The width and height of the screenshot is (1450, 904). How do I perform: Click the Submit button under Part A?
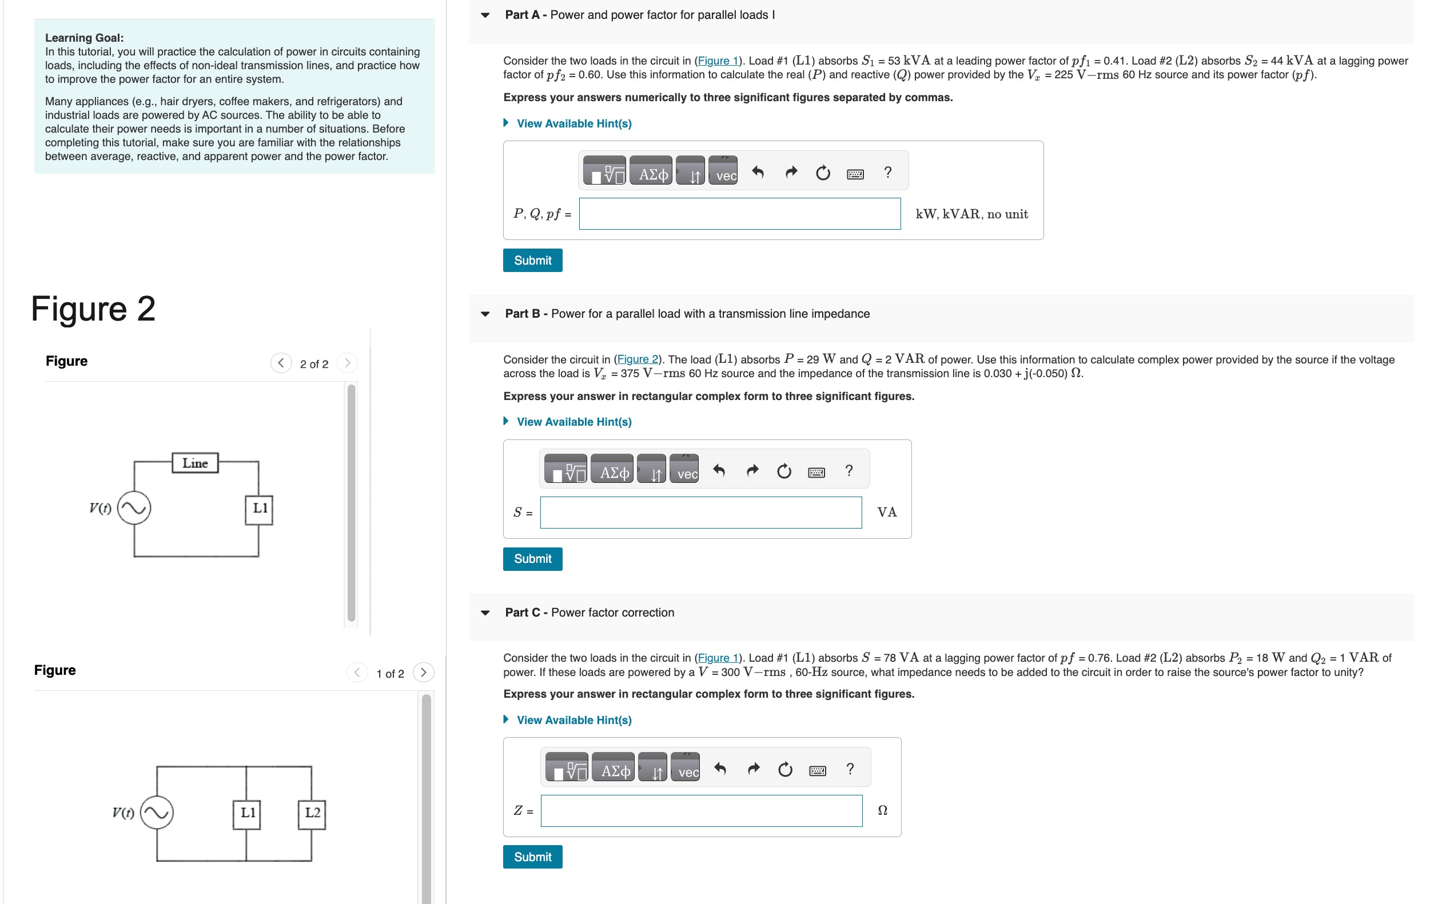pos(532,260)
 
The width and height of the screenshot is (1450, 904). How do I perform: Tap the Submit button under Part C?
pos(532,857)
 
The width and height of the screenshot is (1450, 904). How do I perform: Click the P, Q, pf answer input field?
pos(739,214)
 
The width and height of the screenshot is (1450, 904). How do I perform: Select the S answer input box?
pos(700,513)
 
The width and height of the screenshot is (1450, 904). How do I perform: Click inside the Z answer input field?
pos(700,811)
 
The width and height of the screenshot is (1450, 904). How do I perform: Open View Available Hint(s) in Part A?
pos(573,124)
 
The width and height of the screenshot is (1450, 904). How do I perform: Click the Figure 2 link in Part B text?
pos(636,359)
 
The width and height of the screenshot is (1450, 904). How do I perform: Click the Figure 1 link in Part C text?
pos(717,658)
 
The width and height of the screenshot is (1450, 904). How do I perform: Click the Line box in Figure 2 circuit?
pos(195,463)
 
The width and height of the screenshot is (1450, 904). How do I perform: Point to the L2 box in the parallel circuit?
pos(312,813)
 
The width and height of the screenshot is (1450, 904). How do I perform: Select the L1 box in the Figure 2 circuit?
pos(259,509)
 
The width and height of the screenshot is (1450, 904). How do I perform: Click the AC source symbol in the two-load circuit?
pos(157,813)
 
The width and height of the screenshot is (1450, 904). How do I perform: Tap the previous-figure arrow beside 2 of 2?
pos(281,363)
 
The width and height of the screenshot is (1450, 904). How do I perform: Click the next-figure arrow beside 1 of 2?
pos(424,673)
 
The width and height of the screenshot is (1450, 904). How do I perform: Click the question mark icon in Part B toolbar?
pos(849,470)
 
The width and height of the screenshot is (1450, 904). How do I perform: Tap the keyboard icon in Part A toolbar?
pos(855,173)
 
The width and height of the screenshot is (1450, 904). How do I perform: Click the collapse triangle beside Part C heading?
pos(485,613)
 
